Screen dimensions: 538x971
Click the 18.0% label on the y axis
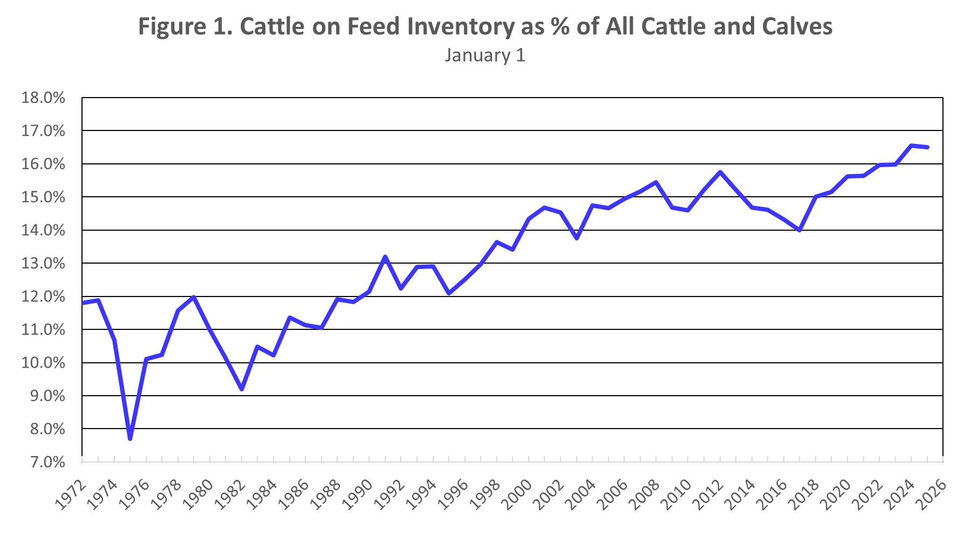click(x=43, y=98)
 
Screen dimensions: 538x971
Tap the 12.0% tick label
click(x=43, y=297)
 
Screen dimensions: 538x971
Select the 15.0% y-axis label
click(x=43, y=197)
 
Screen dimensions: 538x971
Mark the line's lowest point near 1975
click(x=130, y=439)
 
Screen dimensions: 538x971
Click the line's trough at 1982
click(x=242, y=389)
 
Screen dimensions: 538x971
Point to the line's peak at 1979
click(x=194, y=297)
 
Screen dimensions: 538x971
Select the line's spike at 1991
click(x=385, y=257)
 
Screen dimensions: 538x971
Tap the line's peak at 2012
click(x=720, y=172)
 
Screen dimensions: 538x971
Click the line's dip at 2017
click(x=799, y=230)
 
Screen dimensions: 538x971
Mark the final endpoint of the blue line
click(x=927, y=147)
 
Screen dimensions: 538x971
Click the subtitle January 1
click(x=485, y=56)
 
